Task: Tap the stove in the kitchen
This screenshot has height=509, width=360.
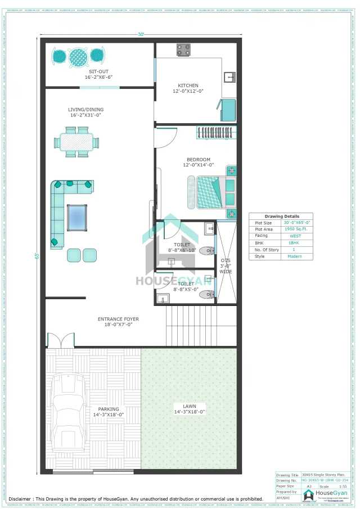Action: click(x=184, y=50)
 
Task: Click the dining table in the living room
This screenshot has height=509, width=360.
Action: click(x=76, y=141)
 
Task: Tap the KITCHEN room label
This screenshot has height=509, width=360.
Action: click(x=188, y=85)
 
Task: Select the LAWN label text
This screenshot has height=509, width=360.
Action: click(x=189, y=406)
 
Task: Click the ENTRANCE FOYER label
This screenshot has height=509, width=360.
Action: click(x=118, y=319)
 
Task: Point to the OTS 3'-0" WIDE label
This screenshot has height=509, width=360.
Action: click(x=226, y=266)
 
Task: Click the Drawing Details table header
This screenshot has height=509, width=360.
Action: click(x=282, y=216)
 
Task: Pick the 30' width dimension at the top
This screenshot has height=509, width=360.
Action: click(x=141, y=34)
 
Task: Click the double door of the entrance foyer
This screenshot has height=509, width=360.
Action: click(x=61, y=340)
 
